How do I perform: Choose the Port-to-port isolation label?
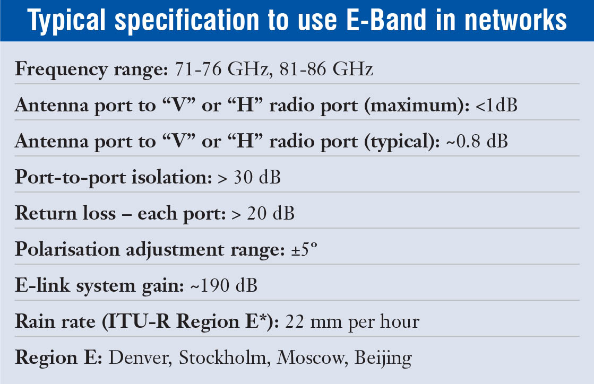click(x=113, y=177)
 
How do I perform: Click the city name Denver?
click(x=140, y=358)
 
